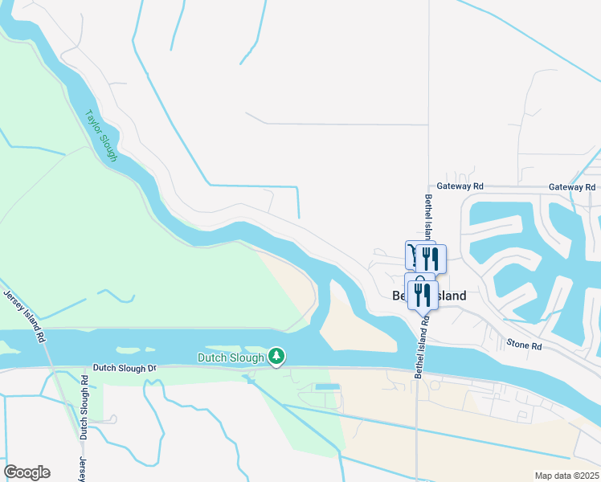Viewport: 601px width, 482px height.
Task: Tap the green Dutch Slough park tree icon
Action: coord(276,356)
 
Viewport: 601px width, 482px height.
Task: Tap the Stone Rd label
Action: coord(525,345)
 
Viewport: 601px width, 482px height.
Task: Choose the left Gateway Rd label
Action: coord(460,186)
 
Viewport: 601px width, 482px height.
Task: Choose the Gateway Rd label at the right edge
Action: coord(572,186)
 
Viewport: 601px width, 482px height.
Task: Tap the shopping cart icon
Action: coord(412,254)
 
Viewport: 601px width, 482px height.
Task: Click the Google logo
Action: coord(27,472)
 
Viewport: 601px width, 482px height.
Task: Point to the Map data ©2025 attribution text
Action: coord(566,475)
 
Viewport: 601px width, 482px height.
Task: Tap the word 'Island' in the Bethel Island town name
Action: coord(451,296)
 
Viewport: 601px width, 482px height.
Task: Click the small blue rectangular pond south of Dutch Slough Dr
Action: coord(327,387)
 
